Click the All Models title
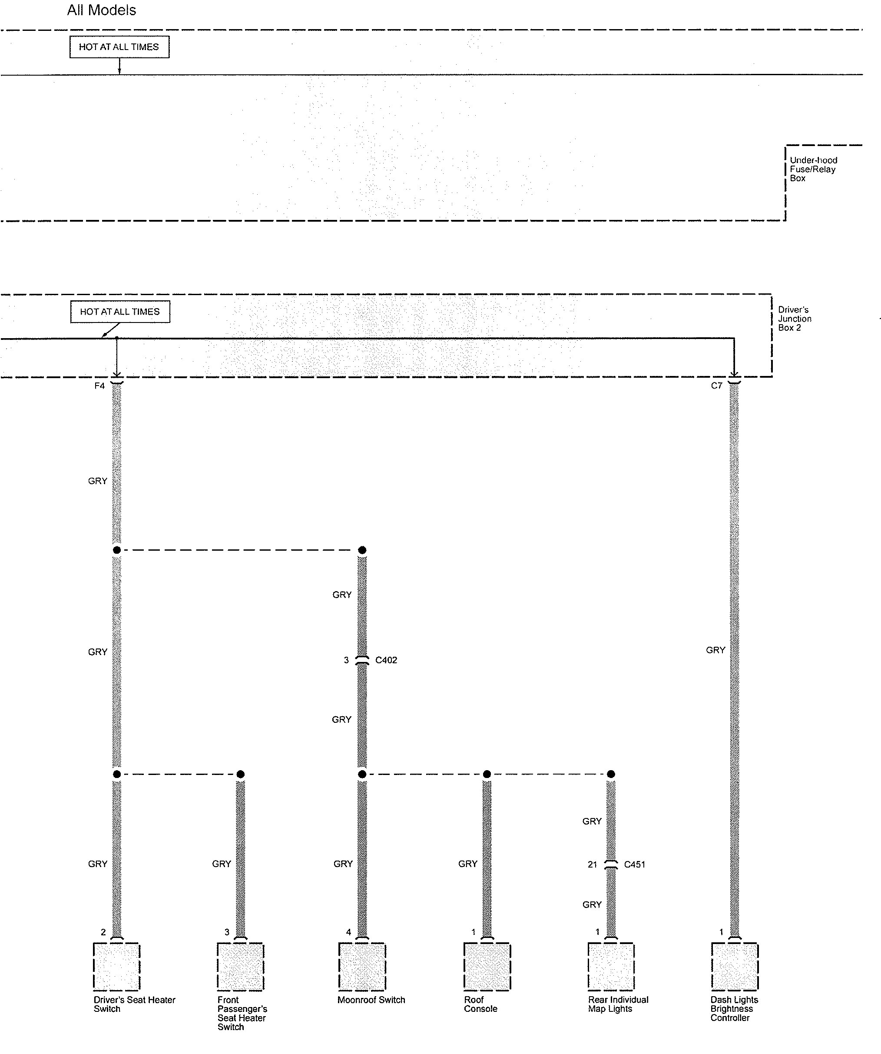pos(101,10)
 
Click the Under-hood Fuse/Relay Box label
pos(813,169)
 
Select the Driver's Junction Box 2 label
pos(794,319)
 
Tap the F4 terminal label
pos(99,386)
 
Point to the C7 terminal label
pos(716,386)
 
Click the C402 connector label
pos(386,660)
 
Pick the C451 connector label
pos(634,864)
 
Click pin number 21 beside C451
pos(592,864)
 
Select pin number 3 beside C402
pos(346,660)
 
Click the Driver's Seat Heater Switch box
pos(116,967)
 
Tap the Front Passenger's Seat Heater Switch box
pos(240,967)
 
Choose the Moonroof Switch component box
pos(362,967)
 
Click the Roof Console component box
pos(487,967)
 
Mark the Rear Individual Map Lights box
pos(611,967)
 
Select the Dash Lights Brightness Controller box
pos(735,967)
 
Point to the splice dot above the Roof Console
pos(487,774)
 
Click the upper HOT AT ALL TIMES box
pos(119,47)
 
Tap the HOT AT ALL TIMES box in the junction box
pos(120,312)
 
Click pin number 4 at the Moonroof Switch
pos(348,932)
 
